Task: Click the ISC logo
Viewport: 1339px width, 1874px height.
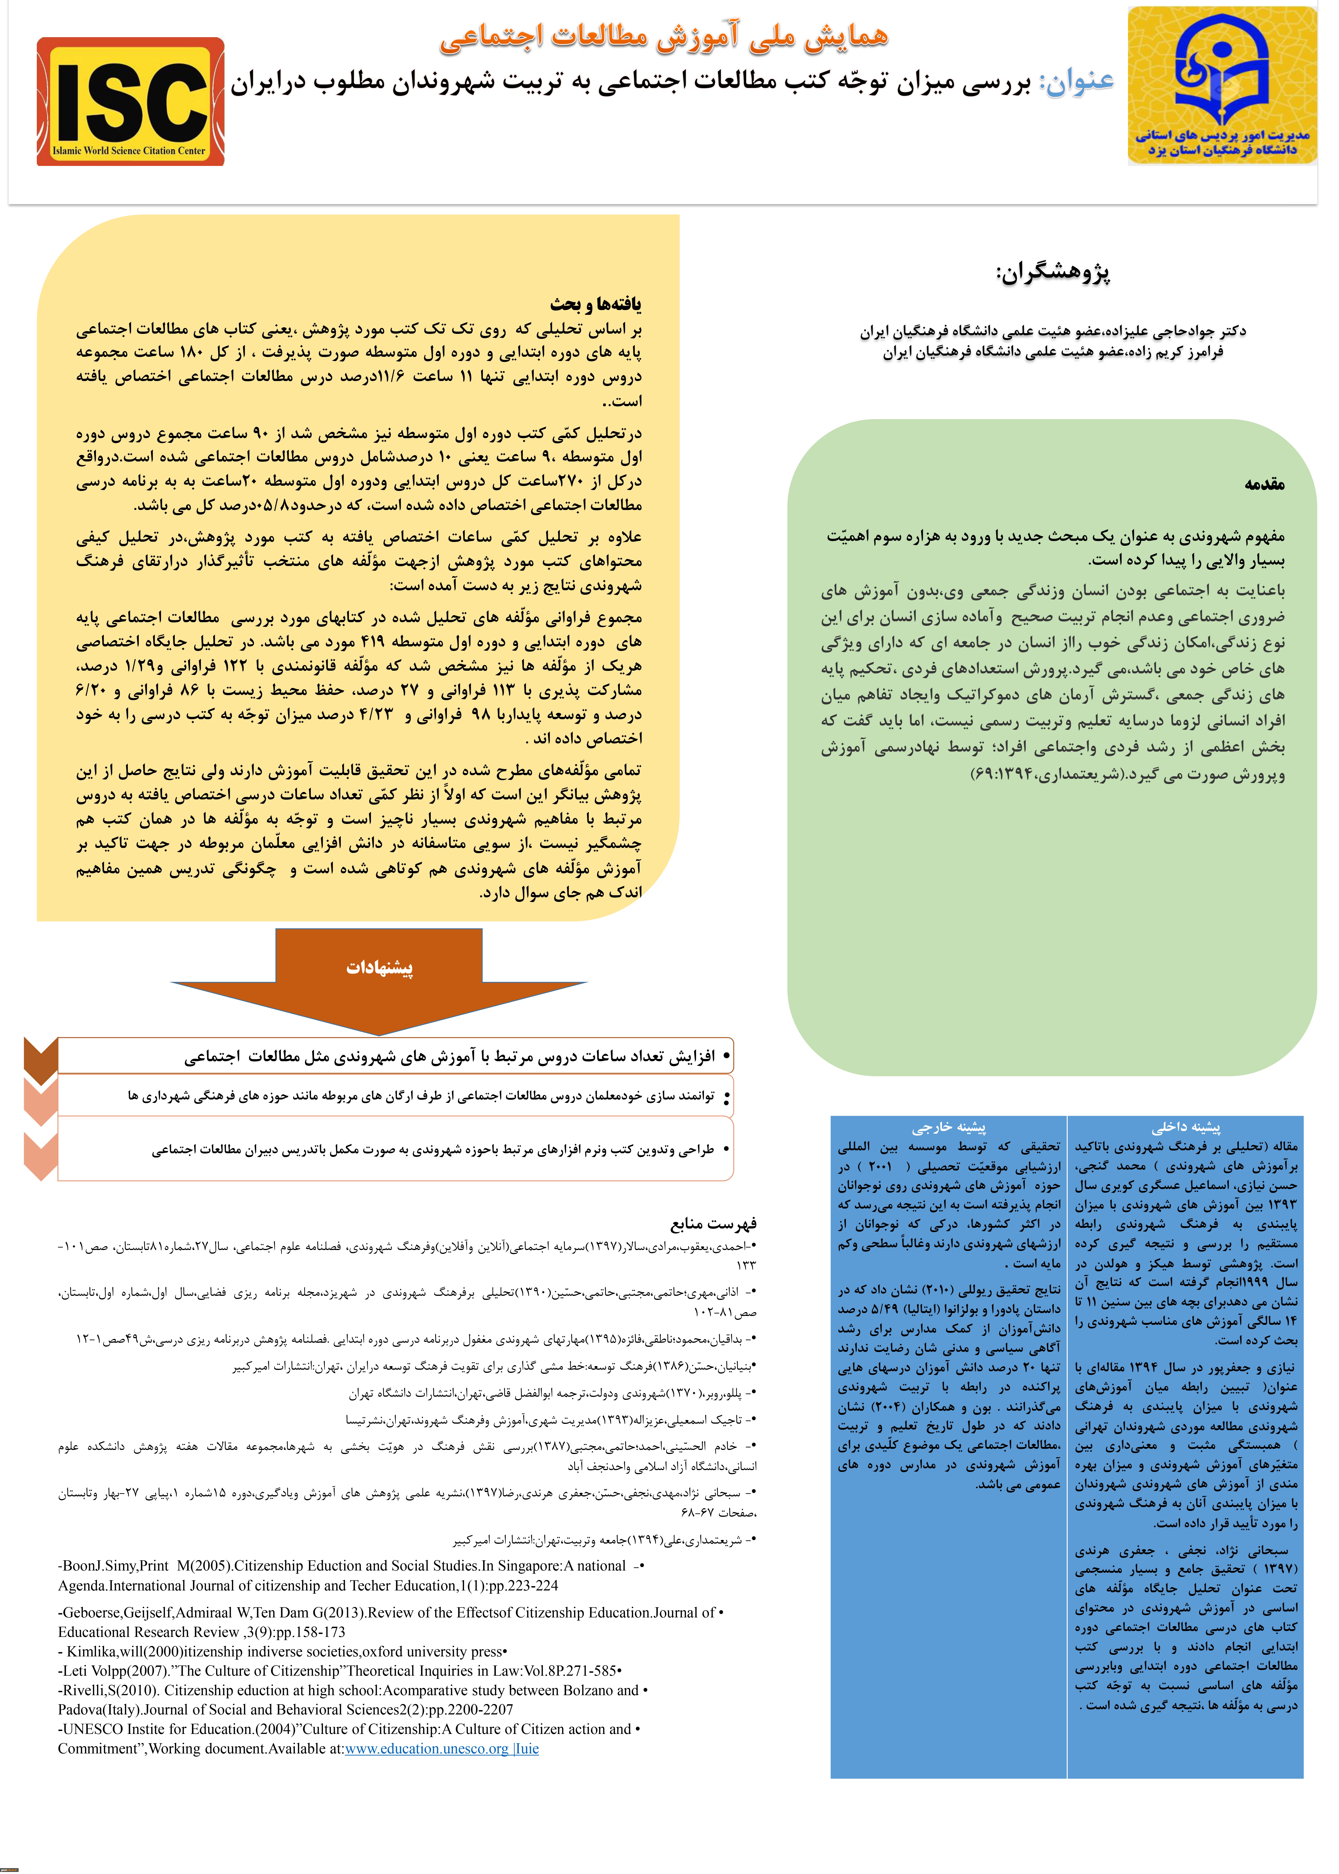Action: click(x=130, y=101)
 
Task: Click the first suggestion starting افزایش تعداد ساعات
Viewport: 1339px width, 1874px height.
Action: click(x=449, y=1056)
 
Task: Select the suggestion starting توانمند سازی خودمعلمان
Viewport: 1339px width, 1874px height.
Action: click(x=421, y=1096)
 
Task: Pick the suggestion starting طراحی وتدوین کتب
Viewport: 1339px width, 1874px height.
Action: click(x=433, y=1150)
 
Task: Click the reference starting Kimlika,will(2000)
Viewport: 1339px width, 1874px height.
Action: click(x=280, y=1651)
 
